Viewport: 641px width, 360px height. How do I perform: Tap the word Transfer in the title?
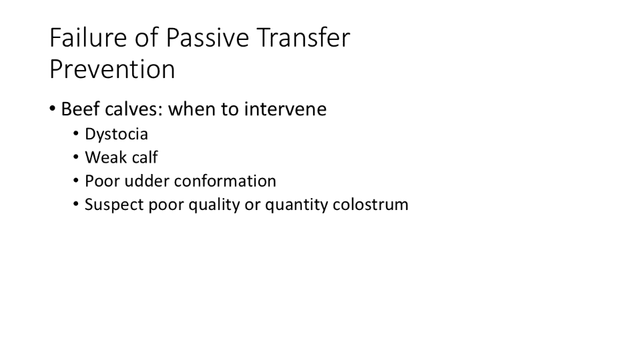(303, 37)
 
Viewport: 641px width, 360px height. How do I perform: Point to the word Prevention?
(112, 69)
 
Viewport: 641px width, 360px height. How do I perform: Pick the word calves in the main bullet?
(134, 109)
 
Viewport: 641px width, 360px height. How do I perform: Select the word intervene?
(285, 109)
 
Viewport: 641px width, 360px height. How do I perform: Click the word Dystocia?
(116, 134)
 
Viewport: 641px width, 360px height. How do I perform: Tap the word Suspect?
(114, 205)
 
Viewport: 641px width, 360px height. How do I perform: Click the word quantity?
(296, 205)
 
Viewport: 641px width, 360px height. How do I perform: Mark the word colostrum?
(371, 205)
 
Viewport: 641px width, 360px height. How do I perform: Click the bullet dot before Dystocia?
(76, 133)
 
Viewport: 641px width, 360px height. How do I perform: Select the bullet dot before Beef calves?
(52, 108)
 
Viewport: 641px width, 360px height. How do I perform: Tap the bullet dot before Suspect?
(76, 204)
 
